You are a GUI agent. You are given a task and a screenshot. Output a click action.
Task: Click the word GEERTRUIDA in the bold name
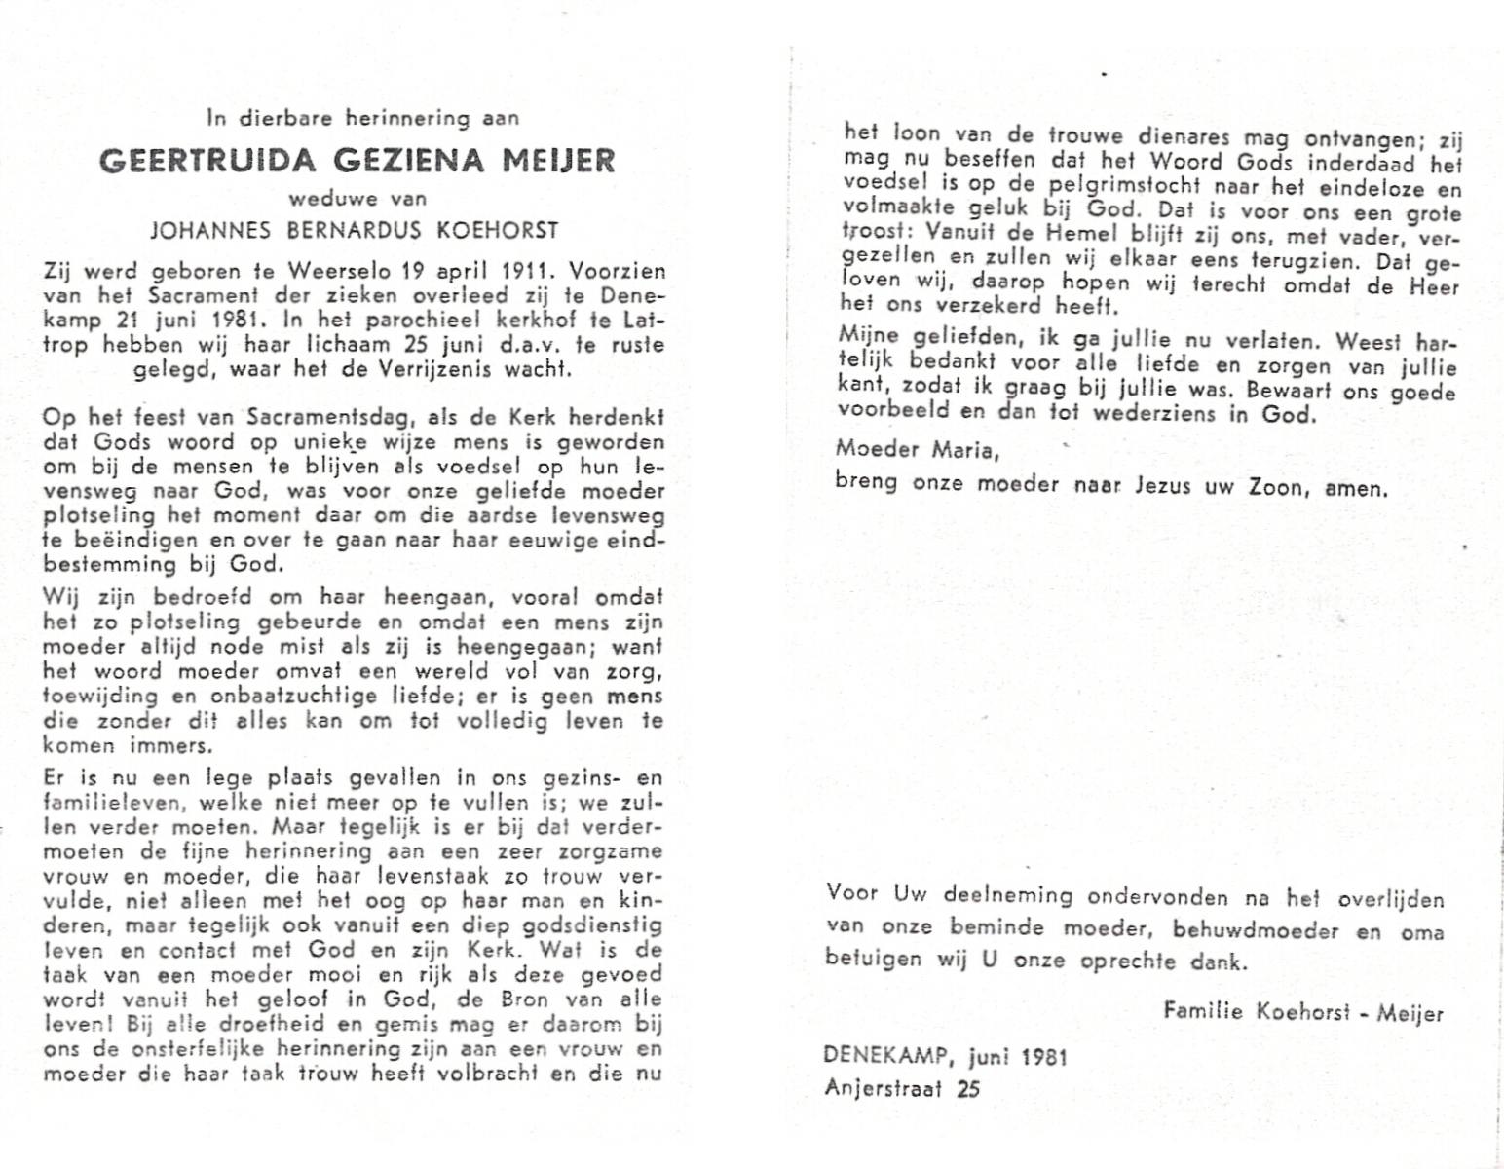click(195, 159)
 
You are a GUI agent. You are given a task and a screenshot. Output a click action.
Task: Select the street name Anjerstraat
click(884, 1087)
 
